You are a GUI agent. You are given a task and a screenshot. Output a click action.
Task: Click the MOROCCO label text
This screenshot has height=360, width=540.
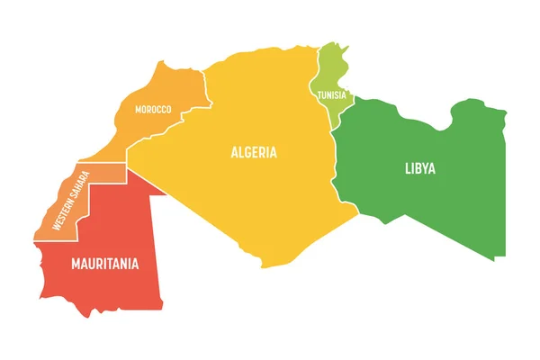[x=153, y=109]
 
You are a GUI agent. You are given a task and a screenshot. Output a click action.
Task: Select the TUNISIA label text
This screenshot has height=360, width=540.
[x=330, y=94]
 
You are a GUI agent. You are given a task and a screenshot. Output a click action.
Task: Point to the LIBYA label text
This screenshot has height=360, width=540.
[x=419, y=167]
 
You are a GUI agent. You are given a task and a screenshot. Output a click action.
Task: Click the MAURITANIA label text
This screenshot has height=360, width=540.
[x=105, y=264]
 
